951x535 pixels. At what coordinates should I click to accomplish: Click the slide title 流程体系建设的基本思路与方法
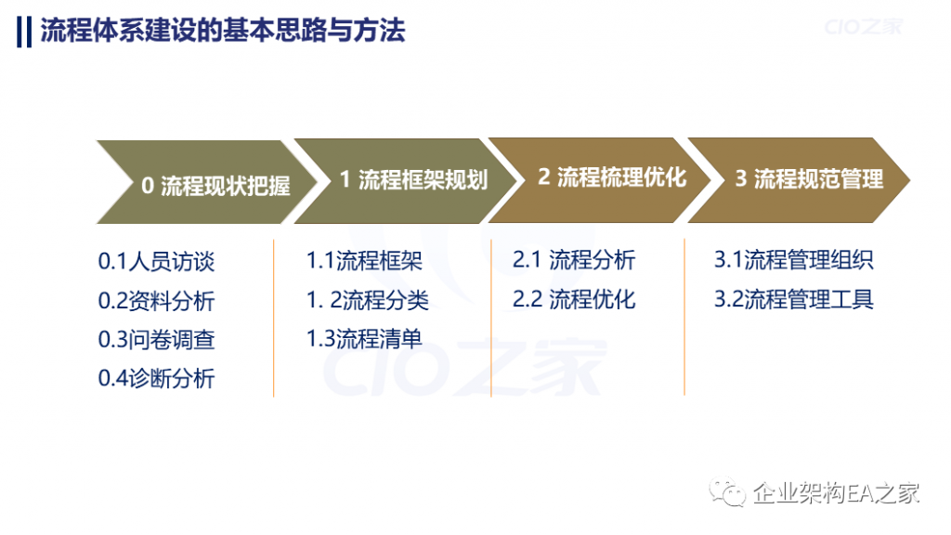coord(223,31)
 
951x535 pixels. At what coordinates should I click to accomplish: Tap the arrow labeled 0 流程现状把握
coord(207,182)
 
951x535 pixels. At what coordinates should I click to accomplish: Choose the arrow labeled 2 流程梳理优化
coord(601,179)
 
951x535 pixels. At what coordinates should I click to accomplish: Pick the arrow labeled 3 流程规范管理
coord(799,179)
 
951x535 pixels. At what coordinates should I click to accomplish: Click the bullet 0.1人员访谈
coord(156,261)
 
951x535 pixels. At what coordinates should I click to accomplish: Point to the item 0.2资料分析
coord(156,300)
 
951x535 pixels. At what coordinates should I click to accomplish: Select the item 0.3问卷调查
coord(156,339)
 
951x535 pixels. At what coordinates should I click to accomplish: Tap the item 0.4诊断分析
coord(156,378)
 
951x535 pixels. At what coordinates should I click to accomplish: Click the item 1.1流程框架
coord(364,260)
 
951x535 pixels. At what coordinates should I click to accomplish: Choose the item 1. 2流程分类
coord(368,300)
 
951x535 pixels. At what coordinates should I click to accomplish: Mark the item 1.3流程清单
coord(364,338)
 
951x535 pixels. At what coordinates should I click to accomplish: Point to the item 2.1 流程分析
coord(574,260)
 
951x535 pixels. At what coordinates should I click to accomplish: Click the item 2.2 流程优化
coord(574,299)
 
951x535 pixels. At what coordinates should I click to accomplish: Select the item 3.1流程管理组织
coord(794,260)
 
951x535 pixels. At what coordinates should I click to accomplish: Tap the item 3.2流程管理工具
coord(794,299)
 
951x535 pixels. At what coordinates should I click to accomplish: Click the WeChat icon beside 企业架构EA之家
coord(727,491)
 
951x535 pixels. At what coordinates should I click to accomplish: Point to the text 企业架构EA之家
coord(837,492)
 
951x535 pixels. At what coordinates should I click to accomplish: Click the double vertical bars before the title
coord(23,32)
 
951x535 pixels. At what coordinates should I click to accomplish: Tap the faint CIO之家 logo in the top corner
coord(864,27)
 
